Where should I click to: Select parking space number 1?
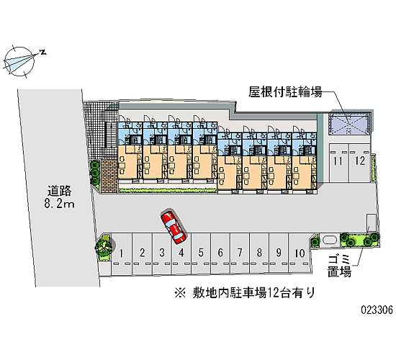(x=122, y=253)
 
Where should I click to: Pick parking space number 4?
(x=181, y=253)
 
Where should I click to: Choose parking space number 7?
(x=240, y=253)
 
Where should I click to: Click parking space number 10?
(x=300, y=253)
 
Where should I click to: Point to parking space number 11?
(x=338, y=163)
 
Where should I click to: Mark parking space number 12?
(x=359, y=163)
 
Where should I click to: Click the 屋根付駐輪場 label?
(x=285, y=92)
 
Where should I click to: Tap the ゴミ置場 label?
(x=339, y=266)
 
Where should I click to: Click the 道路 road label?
(x=60, y=191)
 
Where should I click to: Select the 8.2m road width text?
(x=60, y=204)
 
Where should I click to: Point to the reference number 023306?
(x=377, y=309)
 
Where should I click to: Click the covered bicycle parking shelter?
(x=349, y=124)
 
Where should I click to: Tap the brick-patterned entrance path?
(x=109, y=176)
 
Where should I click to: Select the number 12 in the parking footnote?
(x=273, y=293)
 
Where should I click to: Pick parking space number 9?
(x=279, y=253)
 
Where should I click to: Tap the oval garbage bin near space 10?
(x=329, y=240)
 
